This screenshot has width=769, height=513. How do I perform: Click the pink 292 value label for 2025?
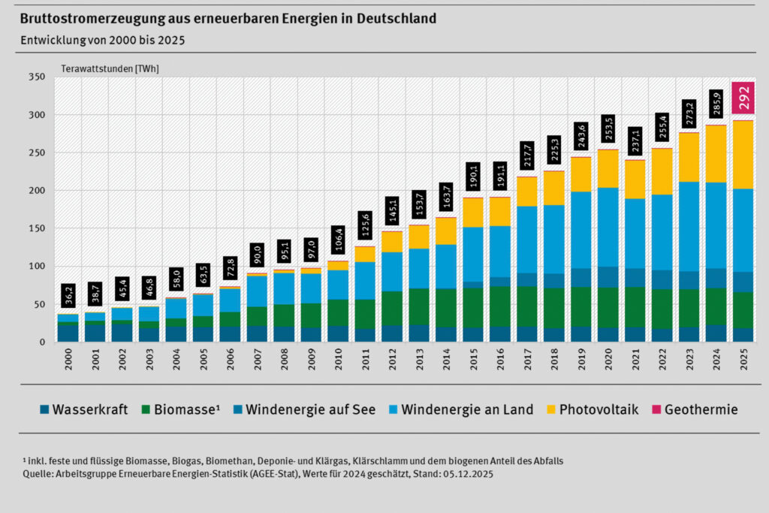[x=743, y=98]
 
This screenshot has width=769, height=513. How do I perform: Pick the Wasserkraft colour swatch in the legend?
[x=44, y=409]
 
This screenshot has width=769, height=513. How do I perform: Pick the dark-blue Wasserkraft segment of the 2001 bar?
[x=94, y=331]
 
